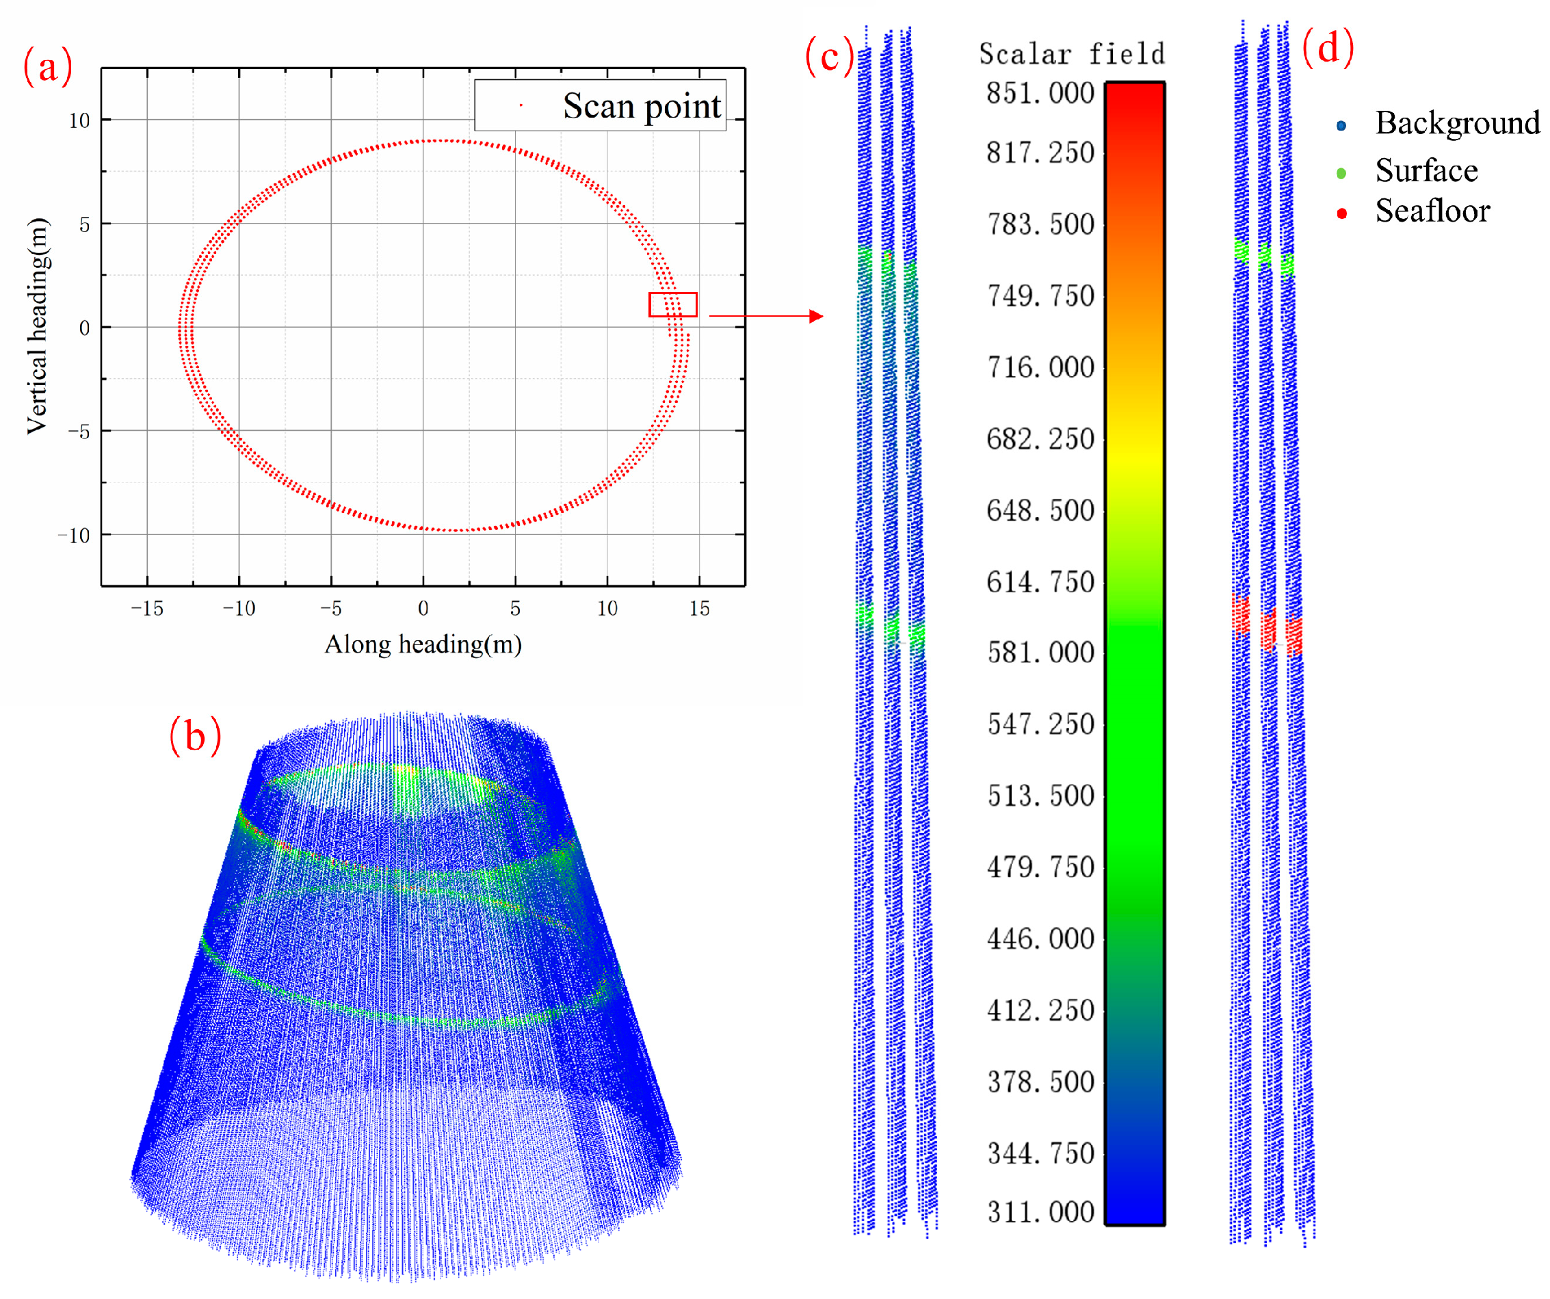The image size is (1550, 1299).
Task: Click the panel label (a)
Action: tap(48, 66)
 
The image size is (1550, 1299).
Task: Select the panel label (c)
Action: tap(829, 56)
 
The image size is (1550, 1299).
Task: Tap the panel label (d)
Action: tap(1327, 47)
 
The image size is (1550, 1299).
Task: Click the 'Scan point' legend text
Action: tap(641, 106)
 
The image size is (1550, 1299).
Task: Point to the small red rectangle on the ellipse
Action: tap(672, 305)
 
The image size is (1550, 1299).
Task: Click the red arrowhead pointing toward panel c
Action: tap(815, 316)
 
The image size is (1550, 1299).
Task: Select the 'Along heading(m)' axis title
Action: tap(423, 644)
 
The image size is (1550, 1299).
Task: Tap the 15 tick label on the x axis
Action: tap(699, 609)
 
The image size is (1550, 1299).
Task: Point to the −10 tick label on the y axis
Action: tap(74, 536)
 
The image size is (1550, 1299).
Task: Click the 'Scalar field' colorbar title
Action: tap(1071, 55)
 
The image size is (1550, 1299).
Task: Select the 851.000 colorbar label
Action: tap(1040, 94)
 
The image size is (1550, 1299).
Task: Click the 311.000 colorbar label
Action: tap(1040, 1213)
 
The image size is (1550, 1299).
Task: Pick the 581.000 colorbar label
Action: tap(1040, 653)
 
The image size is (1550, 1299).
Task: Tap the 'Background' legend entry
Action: tap(1456, 123)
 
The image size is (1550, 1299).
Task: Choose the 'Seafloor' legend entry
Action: tap(1432, 212)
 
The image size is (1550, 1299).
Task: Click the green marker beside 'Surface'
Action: tap(1341, 174)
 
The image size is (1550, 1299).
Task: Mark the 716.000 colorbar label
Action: tap(1040, 367)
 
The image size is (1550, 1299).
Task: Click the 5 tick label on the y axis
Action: tap(84, 224)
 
